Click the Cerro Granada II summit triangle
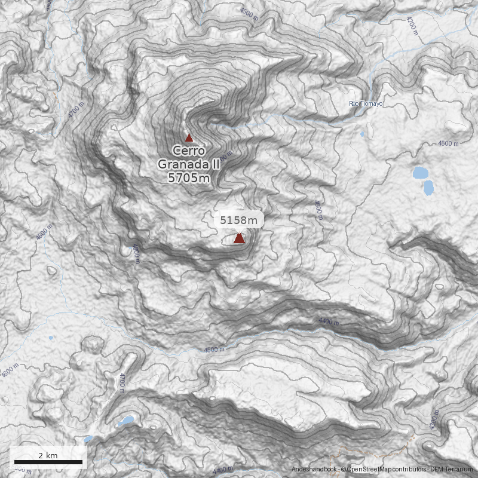(x=189, y=137)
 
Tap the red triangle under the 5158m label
(x=239, y=238)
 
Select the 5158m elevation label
(x=239, y=220)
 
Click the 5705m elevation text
(x=189, y=177)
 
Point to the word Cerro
(x=189, y=151)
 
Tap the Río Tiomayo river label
(x=366, y=104)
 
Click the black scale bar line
(x=48, y=462)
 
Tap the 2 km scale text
(x=48, y=455)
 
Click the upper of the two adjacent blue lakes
(x=421, y=173)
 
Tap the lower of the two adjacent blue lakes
(x=428, y=188)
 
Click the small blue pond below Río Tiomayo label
(x=362, y=134)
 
